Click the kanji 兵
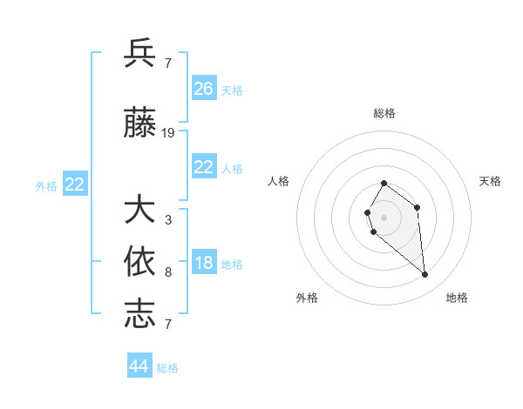pyautogui.click(x=139, y=53)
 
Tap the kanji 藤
pyautogui.click(x=139, y=125)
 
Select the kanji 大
pyautogui.click(x=139, y=211)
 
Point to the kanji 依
pyautogui.click(x=139, y=262)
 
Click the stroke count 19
pyautogui.click(x=168, y=133)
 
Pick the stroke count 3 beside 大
pyautogui.click(x=167, y=219)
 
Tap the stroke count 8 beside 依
pyautogui.click(x=167, y=272)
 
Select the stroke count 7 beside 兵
pyautogui.click(x=167, y=63)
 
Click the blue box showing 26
pyautogui.click(x=204, y=89)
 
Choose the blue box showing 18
pyautogui.click(x=204, y=264)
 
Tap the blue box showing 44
pyautogui.click(x=139, y=366)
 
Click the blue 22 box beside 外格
pyautogui.click(x=75, y=184)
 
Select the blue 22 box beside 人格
pyautogui.click(x=204, y=167)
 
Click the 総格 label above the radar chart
pyautogui.click(x=384, y=113)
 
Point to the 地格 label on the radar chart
pyautogui.click(x=457, y=298)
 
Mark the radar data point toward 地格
pyautogui.click(x=425, y=275)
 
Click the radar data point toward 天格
pyautogui.click(x=418, y=207)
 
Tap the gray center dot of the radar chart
pyautogui.click(x=384, y=216)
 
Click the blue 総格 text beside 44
pyautogui.click(x=167, y=368)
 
